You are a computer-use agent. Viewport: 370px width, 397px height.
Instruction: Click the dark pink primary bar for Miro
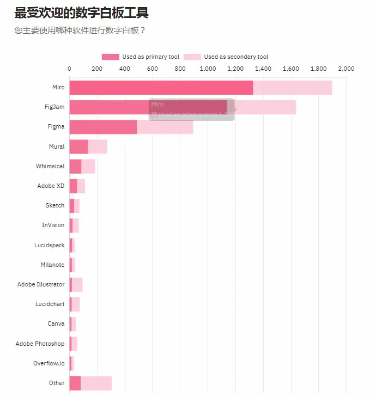[161, 87]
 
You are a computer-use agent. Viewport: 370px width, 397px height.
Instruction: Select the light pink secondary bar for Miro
[293, 87]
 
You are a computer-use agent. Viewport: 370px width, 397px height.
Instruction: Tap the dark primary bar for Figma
[103, 127]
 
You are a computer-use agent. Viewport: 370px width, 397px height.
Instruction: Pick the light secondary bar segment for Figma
[165, 127]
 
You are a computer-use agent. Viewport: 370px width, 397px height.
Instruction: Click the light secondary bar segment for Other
[96, 383]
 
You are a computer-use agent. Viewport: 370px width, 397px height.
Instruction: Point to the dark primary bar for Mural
[78, 146]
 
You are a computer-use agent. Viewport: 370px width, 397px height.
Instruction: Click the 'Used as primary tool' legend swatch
[110, 57]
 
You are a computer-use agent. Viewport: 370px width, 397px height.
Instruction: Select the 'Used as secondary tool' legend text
[236, 57]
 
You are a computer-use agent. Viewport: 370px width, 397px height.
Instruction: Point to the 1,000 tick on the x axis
[208, 69]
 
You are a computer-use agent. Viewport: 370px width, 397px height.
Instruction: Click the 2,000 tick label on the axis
[346, 69]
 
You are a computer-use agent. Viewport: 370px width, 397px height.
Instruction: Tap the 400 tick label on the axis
[125, 69]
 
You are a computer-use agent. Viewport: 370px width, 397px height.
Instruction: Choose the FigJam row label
[54, 107]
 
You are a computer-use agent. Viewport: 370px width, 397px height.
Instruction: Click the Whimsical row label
[50, 166]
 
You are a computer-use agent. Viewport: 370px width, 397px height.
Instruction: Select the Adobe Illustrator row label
[41, 284]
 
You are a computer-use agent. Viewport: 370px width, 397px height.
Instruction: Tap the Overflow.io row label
[48, 363]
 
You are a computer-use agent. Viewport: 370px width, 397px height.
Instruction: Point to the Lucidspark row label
[49, 245]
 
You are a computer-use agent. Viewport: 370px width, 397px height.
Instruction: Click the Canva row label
[56, 323]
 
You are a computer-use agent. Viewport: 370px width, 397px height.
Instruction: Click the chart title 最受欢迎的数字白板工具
[81, 13]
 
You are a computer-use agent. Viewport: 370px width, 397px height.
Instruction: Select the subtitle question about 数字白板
[80, 30]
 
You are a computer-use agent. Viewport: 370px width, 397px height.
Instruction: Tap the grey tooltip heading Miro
[157, 103]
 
